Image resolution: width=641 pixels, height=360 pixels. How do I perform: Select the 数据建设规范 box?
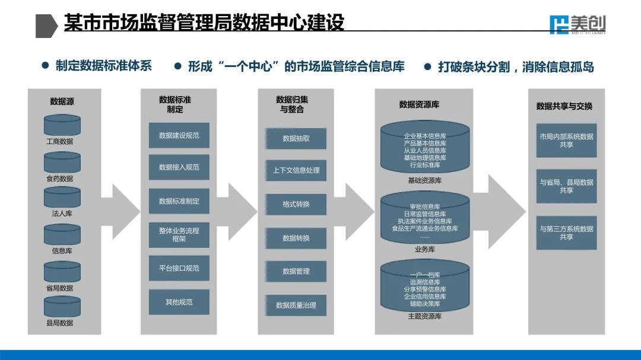pos(179,135)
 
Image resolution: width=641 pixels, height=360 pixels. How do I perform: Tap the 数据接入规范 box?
pos(179,167)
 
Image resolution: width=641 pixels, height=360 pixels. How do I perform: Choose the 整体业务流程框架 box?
pos(179,234)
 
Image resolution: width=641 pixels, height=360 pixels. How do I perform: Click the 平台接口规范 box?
pos(179,268)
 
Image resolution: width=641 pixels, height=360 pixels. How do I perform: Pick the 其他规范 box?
pos(179,302)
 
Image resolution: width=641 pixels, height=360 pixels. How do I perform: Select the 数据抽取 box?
pos(296,139)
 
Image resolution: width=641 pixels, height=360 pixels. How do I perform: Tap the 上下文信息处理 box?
pos(296,171)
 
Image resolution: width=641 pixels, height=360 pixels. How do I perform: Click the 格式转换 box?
pos(296,205)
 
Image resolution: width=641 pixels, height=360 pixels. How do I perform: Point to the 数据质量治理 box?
pos(296,305)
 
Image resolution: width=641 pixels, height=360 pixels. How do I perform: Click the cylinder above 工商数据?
pos(62,126)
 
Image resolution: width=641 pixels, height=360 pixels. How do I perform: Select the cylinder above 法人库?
pos(62,197)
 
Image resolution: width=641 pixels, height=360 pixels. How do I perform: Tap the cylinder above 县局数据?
pos(62,307)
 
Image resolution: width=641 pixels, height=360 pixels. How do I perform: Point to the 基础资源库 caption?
pos(424,180)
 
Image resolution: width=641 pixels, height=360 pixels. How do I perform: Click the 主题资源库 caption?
pos(424,317)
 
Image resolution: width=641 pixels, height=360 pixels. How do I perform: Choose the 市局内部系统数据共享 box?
pos(566,141)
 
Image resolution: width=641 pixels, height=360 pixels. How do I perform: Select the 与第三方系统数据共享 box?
pos(566,232)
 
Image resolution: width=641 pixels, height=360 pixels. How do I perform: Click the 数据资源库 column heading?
pos(419,104)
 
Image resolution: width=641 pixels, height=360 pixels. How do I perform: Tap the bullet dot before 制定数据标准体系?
pos(45,66)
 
